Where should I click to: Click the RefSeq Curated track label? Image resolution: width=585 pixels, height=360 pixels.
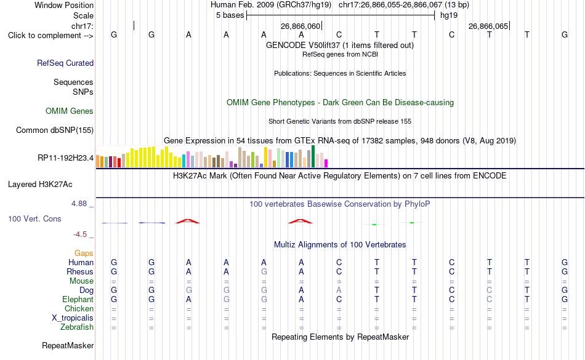pyautogui.click(x=65, y=63)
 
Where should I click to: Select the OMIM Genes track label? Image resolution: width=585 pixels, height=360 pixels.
pyautogui.click(x=70, y=111)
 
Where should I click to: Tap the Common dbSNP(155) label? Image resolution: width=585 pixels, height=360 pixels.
pyautogui.click(x=55, y=130)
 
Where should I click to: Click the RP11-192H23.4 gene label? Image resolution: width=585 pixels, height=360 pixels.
pyautogui.click(x=66, y=158)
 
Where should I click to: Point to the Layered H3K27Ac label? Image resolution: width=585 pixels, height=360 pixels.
pyautogui.click(x=40, y=185)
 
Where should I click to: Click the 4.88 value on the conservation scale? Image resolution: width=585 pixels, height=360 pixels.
pyautogui.click(x=79, y=204)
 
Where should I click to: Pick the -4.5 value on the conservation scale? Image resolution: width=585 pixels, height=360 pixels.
pyautogui.click(x=80, y=234)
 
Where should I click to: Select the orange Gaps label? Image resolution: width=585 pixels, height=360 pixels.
pyautogui.click(x=84, y=254)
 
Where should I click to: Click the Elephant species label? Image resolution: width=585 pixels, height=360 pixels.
pyautogui.click(x=78, y=300)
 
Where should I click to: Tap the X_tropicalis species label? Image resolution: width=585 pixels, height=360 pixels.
pyautogui.click(x=73, y=318)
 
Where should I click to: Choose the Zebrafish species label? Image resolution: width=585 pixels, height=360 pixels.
pyautogui.click(x=77, y=327)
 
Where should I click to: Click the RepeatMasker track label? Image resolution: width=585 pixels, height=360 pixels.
pyautogui.click(x=68, y=346)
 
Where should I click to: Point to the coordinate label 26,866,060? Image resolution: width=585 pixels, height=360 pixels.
pyautogui.click(x=301, y=26)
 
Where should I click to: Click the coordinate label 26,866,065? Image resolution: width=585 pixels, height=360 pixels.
pyautogui.click(x=488, y=26)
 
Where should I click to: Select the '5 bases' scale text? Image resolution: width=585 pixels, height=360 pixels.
pyautogui.click(x=230, y=15)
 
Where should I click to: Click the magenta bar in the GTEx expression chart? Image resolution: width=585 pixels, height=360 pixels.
pyautogui.click(x=326, y=163)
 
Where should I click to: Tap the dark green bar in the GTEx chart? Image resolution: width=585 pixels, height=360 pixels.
pyautogui.click(x=313, y=156)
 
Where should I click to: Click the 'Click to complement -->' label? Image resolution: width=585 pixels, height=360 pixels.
pyautogui.click(x=50, y=36)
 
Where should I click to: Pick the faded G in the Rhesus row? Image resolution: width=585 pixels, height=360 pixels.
pyautogui.click(x=264, y=271)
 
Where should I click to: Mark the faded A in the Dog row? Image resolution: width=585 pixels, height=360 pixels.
pyautogui.click(x=339, y=290)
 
